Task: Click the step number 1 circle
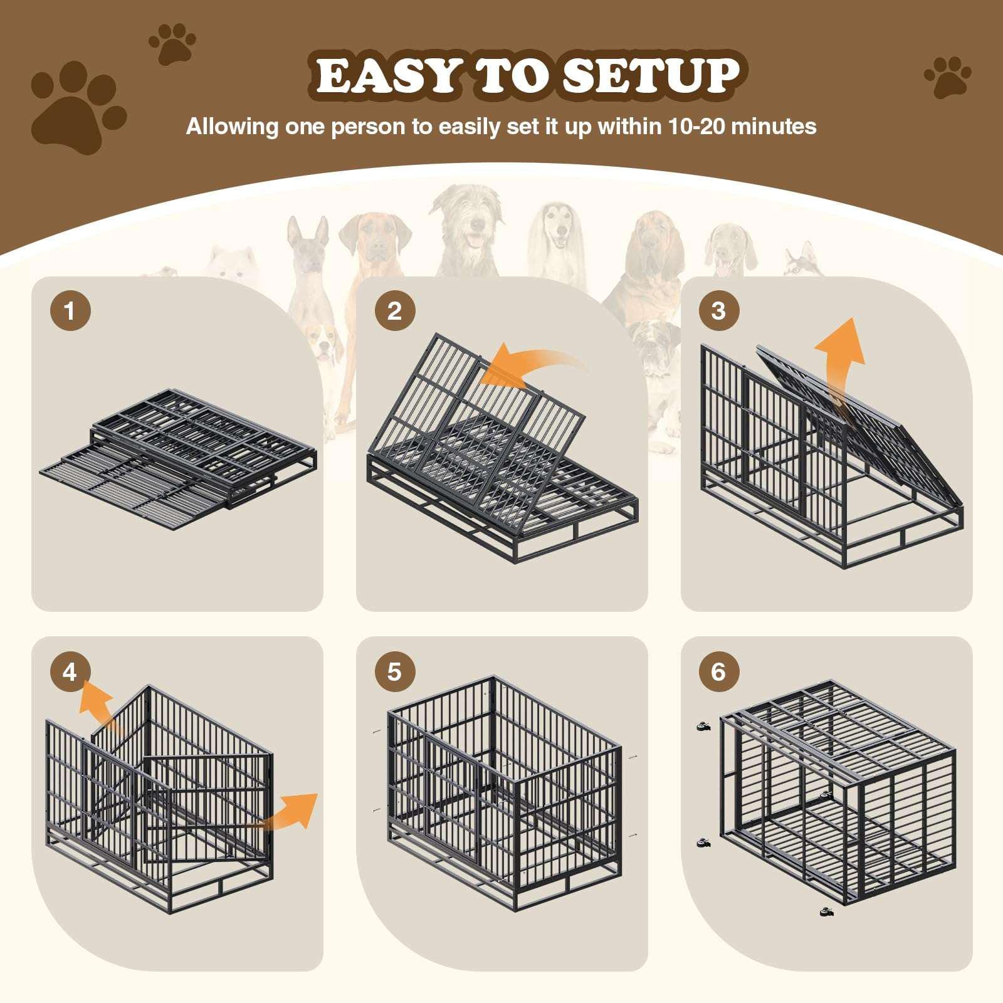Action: pos(70,311)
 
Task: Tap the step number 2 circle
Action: pos(394,311)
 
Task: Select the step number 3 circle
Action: pos(718,311)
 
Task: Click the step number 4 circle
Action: pos(70,672)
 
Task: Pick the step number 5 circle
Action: pos(394,672)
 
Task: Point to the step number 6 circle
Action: pos(718,672)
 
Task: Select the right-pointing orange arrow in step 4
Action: pos(295,812)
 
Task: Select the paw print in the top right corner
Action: pos(947,77)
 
